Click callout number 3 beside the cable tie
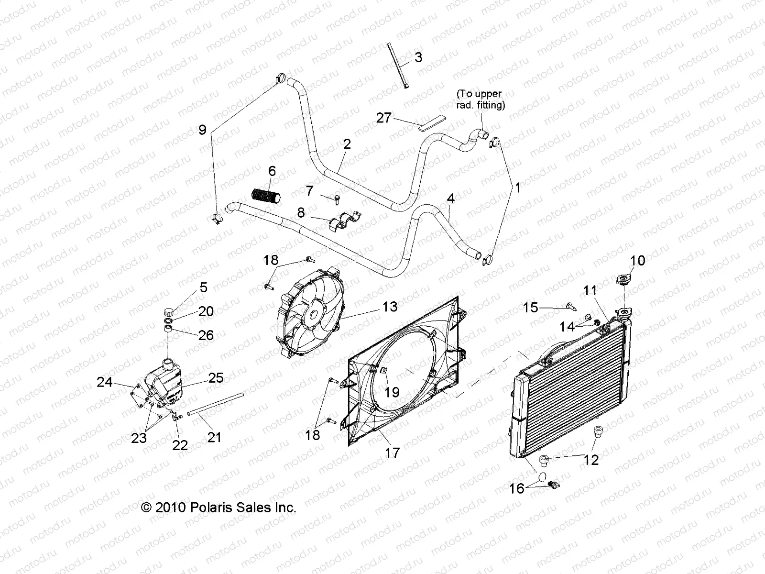click(x=418, y=58)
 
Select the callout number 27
click(x=384, y=118)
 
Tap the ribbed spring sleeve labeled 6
click(x=267, y=196)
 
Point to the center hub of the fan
click(x=311, y=314)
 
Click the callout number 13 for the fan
click(x=390, y=307)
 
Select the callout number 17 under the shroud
click(x=392, y=452)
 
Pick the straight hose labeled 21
click(x=215, y=404)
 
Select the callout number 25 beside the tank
click(x=216, y=378)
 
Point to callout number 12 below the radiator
click(x=591, y=460)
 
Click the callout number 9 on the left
click(x=202, y=130)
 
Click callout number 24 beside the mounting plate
click(x=105, y=382)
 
